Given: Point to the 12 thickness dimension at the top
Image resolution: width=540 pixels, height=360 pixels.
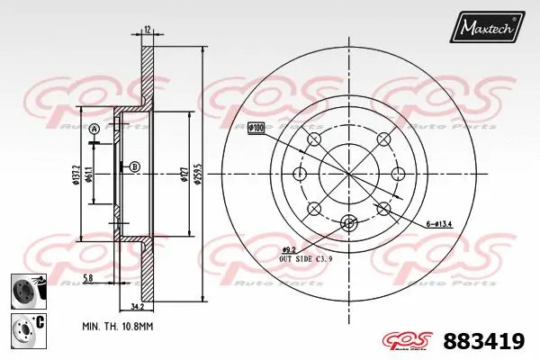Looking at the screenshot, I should (x=147, y=30).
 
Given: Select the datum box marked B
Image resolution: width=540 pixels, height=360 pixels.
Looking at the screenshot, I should (x=134, y=166).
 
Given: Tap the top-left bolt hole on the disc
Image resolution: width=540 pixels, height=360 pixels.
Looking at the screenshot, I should (x=314, y=139).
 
